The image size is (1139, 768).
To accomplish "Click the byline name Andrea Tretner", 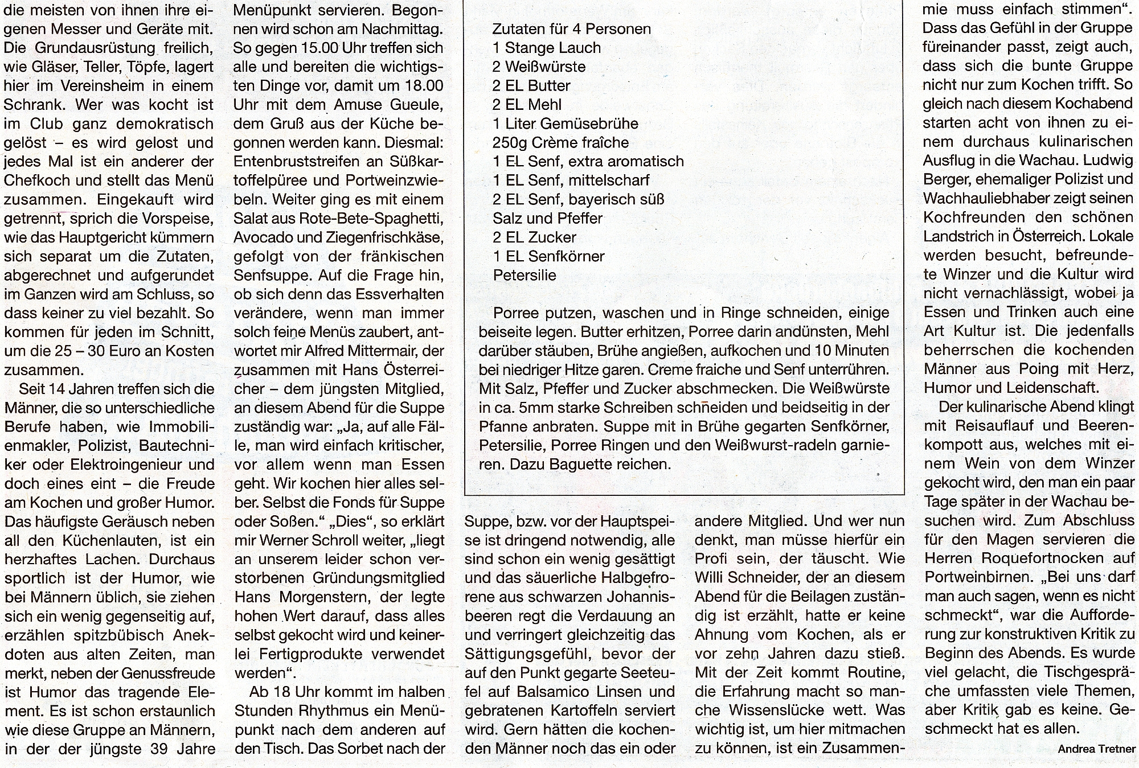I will click(x=1096, y=749).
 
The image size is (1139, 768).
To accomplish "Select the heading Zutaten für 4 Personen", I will click(x=571, y=29).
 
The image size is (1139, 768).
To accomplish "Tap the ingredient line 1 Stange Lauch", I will click(x=547, y=48).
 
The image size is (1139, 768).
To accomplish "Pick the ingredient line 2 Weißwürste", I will click(x=539, y=67).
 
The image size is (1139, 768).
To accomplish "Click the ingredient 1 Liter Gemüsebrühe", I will click(x=566, y=124).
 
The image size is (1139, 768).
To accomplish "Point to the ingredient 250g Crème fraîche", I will click(x=560, y=142).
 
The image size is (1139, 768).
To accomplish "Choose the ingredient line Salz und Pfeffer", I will click(x=547, y=218).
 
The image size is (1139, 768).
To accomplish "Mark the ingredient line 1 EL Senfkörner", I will click(x=548, y=256).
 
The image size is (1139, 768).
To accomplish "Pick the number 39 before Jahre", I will click(x=153, y=749).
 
